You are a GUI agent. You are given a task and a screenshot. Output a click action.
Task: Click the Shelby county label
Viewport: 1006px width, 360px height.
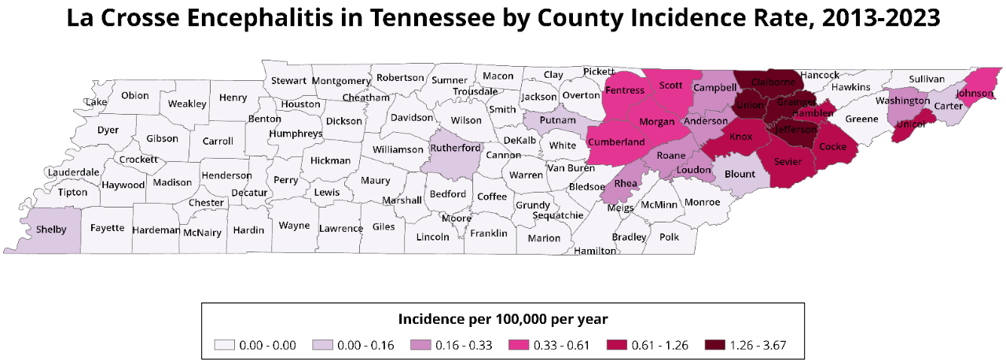[52, 230]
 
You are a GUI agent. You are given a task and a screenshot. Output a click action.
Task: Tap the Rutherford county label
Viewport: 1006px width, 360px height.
[456, 147]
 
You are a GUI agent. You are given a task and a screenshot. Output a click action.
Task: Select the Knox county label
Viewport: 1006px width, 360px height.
[741, 137]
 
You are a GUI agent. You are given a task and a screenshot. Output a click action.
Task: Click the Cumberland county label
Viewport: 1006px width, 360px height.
[616, 142]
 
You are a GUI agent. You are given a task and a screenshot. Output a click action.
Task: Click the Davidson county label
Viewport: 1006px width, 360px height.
[412, 118]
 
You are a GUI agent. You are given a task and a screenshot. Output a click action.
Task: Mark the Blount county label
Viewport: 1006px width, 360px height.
[740, 174]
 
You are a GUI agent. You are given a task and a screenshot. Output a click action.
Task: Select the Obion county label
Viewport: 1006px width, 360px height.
[135, 96]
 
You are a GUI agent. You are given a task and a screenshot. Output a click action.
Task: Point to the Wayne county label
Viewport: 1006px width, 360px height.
[294, 226]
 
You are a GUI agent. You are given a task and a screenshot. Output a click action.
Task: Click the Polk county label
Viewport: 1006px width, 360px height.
[669, 237]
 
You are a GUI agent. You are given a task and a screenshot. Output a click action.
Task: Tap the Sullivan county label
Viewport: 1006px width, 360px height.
[927, 79]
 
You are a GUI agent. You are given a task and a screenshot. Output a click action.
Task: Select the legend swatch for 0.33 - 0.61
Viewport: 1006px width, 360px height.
[519, 345]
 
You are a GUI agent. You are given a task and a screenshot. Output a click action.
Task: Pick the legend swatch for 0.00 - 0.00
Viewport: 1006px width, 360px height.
[226, 345]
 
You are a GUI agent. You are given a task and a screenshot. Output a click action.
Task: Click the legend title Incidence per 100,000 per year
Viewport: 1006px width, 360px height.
[502, 319]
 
